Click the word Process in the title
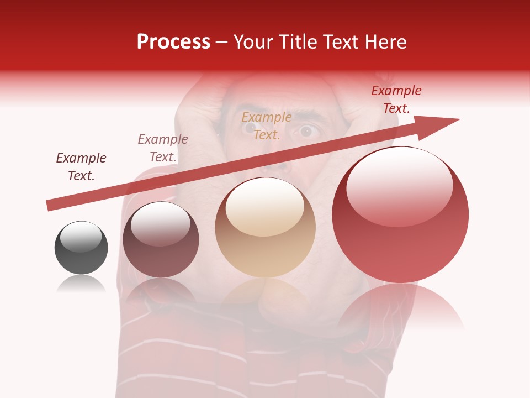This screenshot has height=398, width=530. [x=173, y=42]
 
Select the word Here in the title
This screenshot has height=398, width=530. [x=385, y=42]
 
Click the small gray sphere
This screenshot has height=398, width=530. [x=81, y=248]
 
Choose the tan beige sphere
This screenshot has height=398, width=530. [x=266, y=228]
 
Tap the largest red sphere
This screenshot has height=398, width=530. [x=400, y=215]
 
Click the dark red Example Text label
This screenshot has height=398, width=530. [x=396, y=99]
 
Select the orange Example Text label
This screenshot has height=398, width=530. [x=267, y=125]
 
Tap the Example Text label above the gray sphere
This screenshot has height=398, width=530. [x=81, y=166]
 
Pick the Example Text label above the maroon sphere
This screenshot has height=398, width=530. [x=163, y=148]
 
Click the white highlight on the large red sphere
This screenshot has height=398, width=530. [x=399, y=188]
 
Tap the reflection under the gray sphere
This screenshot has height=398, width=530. [x=81, y=284]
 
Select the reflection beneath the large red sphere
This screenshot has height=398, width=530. [x=400, y=310]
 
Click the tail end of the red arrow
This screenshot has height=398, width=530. [x=51, y=205]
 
